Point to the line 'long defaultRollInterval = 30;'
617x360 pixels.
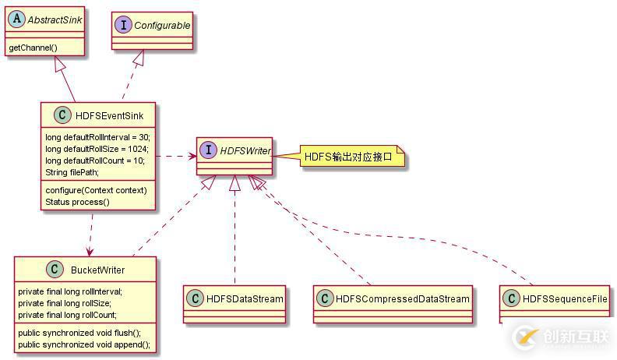[97, 137]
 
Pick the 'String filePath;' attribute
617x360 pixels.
[72, 172]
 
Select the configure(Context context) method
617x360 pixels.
[96, 190]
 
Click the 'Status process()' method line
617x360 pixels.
[77, 202]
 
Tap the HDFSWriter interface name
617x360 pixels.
[245, 150]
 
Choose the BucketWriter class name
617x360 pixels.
[98, 270]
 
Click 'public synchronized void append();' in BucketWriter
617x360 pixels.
[84, 344]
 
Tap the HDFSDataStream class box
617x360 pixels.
[234, 298]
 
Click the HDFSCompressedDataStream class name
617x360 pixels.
[403, 298]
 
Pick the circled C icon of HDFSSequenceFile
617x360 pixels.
[511, 298]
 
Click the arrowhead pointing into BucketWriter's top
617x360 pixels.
[90, 252]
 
